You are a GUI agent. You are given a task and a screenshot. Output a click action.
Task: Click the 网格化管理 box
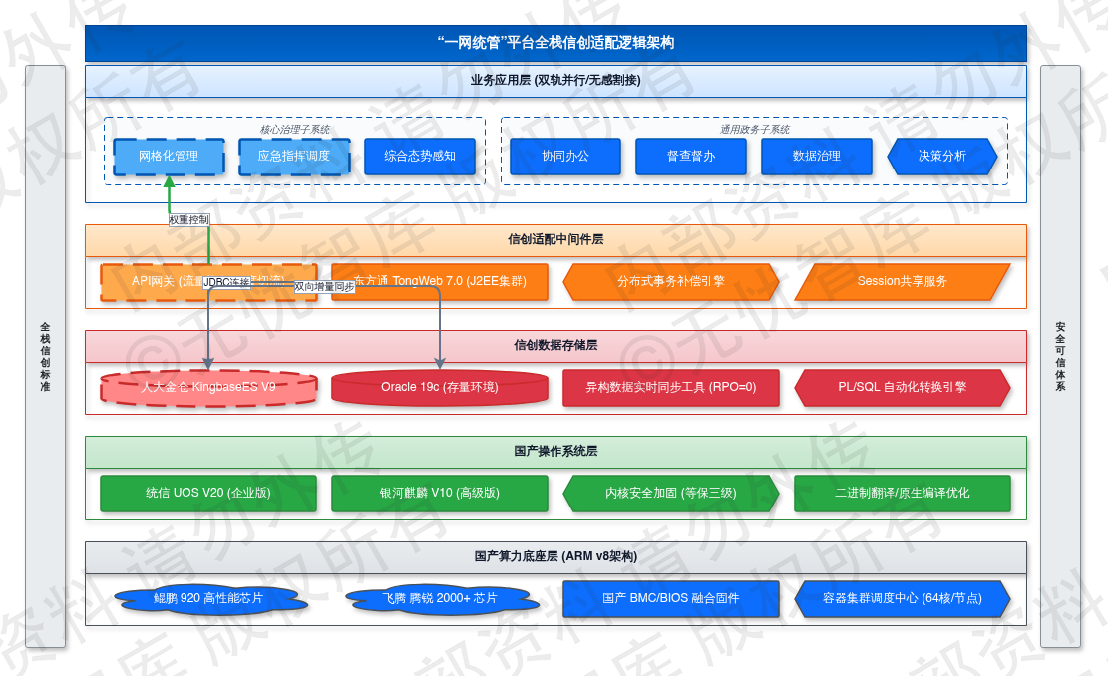(169, 156)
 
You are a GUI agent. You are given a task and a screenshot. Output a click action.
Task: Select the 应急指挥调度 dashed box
(294, 156)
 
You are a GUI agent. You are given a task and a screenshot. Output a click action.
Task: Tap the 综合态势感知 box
(420, 156)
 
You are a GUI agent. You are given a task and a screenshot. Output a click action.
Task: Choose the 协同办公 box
(565, 156)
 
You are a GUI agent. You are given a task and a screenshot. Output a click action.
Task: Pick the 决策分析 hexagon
(942, 156)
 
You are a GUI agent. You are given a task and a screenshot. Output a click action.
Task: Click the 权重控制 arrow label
(188, 219)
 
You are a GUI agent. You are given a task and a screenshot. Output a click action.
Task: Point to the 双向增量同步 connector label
(324, 287)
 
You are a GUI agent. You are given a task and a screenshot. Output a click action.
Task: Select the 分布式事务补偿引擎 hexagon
(671, 281)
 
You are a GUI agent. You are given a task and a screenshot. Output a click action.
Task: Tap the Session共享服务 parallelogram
(903, 281)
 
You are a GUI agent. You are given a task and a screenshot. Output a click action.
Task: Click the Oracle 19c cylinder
(440, 387)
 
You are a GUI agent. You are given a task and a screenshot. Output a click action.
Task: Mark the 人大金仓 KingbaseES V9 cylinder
(208, 387)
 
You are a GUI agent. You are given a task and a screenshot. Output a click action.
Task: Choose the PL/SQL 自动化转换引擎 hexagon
(903, 387)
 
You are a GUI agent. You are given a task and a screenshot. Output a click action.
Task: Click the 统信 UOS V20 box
(208, 493)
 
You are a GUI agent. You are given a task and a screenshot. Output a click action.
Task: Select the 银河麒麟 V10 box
(440, 493)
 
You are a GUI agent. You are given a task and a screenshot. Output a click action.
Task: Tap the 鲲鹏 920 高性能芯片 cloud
(208, 598)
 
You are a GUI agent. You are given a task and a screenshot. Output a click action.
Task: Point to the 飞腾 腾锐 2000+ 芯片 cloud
(440, 598)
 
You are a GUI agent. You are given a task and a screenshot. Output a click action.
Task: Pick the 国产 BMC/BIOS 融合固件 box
(671, 598)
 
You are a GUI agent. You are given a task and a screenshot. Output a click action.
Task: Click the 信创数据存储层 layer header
(555, 346)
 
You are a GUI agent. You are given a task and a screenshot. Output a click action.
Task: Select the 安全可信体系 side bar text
(1060, 356)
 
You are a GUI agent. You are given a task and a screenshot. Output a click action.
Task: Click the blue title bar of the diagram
(555, 43)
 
